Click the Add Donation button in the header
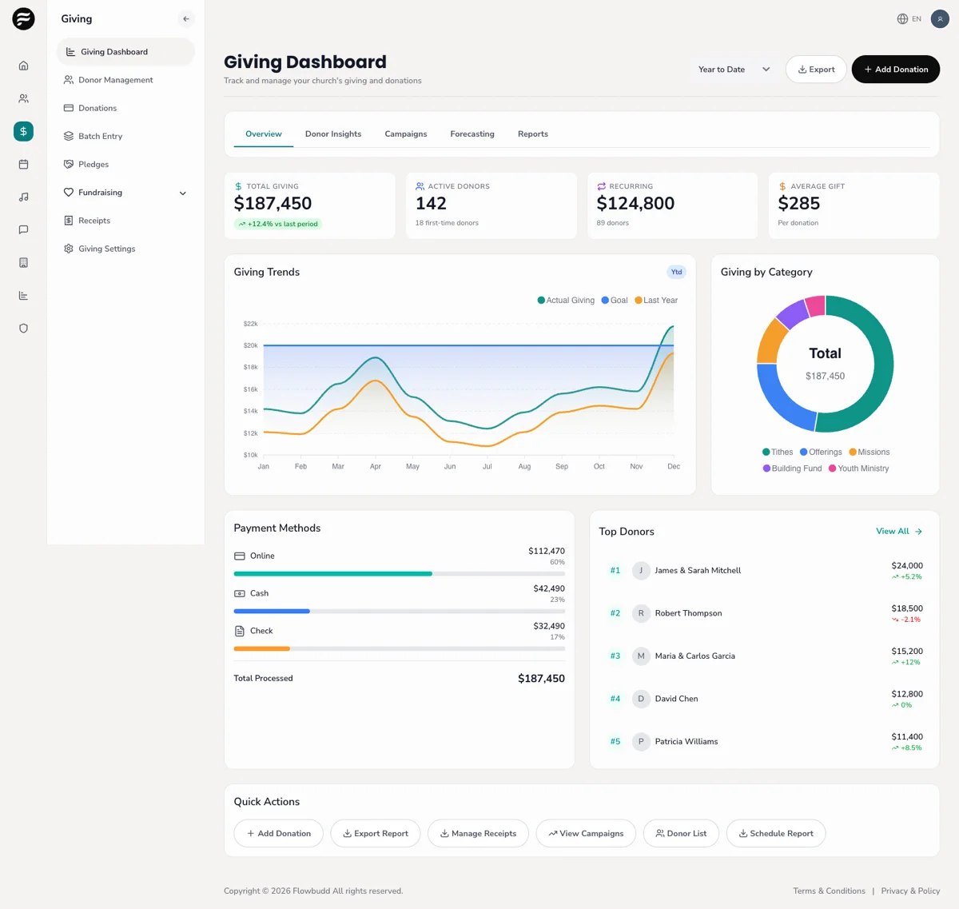point(895,70)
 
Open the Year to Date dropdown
point(734,70)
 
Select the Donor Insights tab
point(332,134)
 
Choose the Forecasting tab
point(472,134)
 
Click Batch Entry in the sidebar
point(100,137)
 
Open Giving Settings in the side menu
point(106,249)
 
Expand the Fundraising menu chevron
point(182,193)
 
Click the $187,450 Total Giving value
point(273,204)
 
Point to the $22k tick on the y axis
point(250,324)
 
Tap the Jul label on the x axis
point(487,466)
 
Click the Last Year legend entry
point(656,301)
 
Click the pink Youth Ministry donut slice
point(815,305)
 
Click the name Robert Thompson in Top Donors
point(688,613)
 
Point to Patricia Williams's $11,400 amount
point(906,736)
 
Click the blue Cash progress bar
point(272,612)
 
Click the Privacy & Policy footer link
point(909,891)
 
